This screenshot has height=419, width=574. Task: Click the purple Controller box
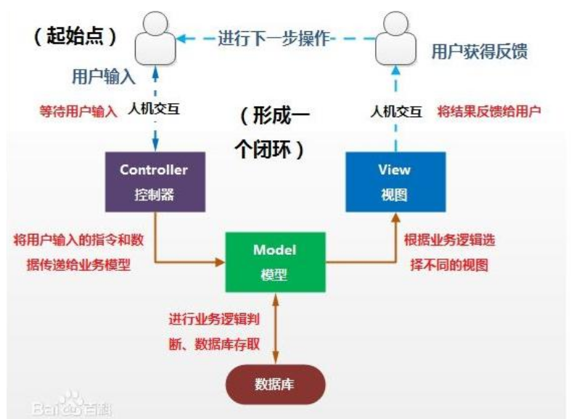pos(155,182)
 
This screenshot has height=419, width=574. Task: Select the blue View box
pos(395,182)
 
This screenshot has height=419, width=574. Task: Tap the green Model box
pos(275,262)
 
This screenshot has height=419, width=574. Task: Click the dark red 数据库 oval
pos(275,384)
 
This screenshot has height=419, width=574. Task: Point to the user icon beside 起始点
pos(155,38)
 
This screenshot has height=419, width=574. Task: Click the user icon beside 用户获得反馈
pos(395,38)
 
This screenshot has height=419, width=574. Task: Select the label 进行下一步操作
pos(274,38)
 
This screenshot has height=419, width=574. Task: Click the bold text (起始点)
pos(75,36)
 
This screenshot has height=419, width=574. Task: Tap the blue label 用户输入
pos(104,77)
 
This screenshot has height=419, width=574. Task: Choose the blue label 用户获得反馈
pos(480,52)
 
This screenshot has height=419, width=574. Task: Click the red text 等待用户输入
pos(78,111)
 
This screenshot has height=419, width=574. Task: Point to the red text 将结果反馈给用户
pos(489,111)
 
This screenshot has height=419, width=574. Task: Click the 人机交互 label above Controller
pos(154,109)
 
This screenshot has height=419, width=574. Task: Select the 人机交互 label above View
pos(395,111)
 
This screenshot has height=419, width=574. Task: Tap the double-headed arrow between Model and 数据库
pos(275,328)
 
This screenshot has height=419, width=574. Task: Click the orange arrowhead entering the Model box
pos(220,262)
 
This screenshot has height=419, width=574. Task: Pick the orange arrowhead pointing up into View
pos(395,218)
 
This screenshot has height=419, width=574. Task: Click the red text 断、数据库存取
pos(214,344)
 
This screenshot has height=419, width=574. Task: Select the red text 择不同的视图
pos(449,264)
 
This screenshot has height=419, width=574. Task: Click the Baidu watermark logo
pos(72,405)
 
